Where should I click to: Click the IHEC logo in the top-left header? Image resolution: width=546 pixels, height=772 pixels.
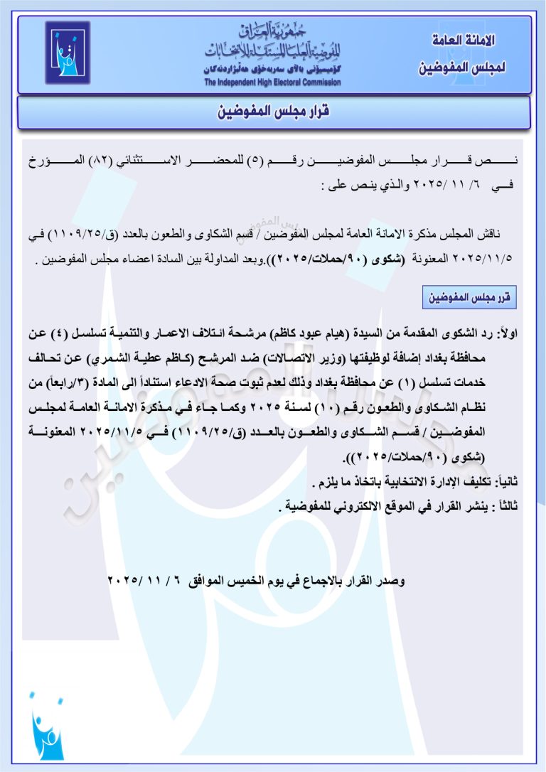(x=68, y=52)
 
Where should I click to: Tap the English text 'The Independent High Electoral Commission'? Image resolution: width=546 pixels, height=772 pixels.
(x=273, y=82)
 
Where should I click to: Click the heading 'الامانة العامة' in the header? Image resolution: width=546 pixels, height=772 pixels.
(x=463, y=41)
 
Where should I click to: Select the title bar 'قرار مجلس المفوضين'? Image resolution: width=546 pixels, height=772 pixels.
(x=274, y=112)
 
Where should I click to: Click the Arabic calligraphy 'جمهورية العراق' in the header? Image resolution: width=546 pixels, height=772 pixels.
(x=273, y=31)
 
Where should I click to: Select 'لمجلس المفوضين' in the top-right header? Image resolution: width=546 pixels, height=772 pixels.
(x=462, y=68)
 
